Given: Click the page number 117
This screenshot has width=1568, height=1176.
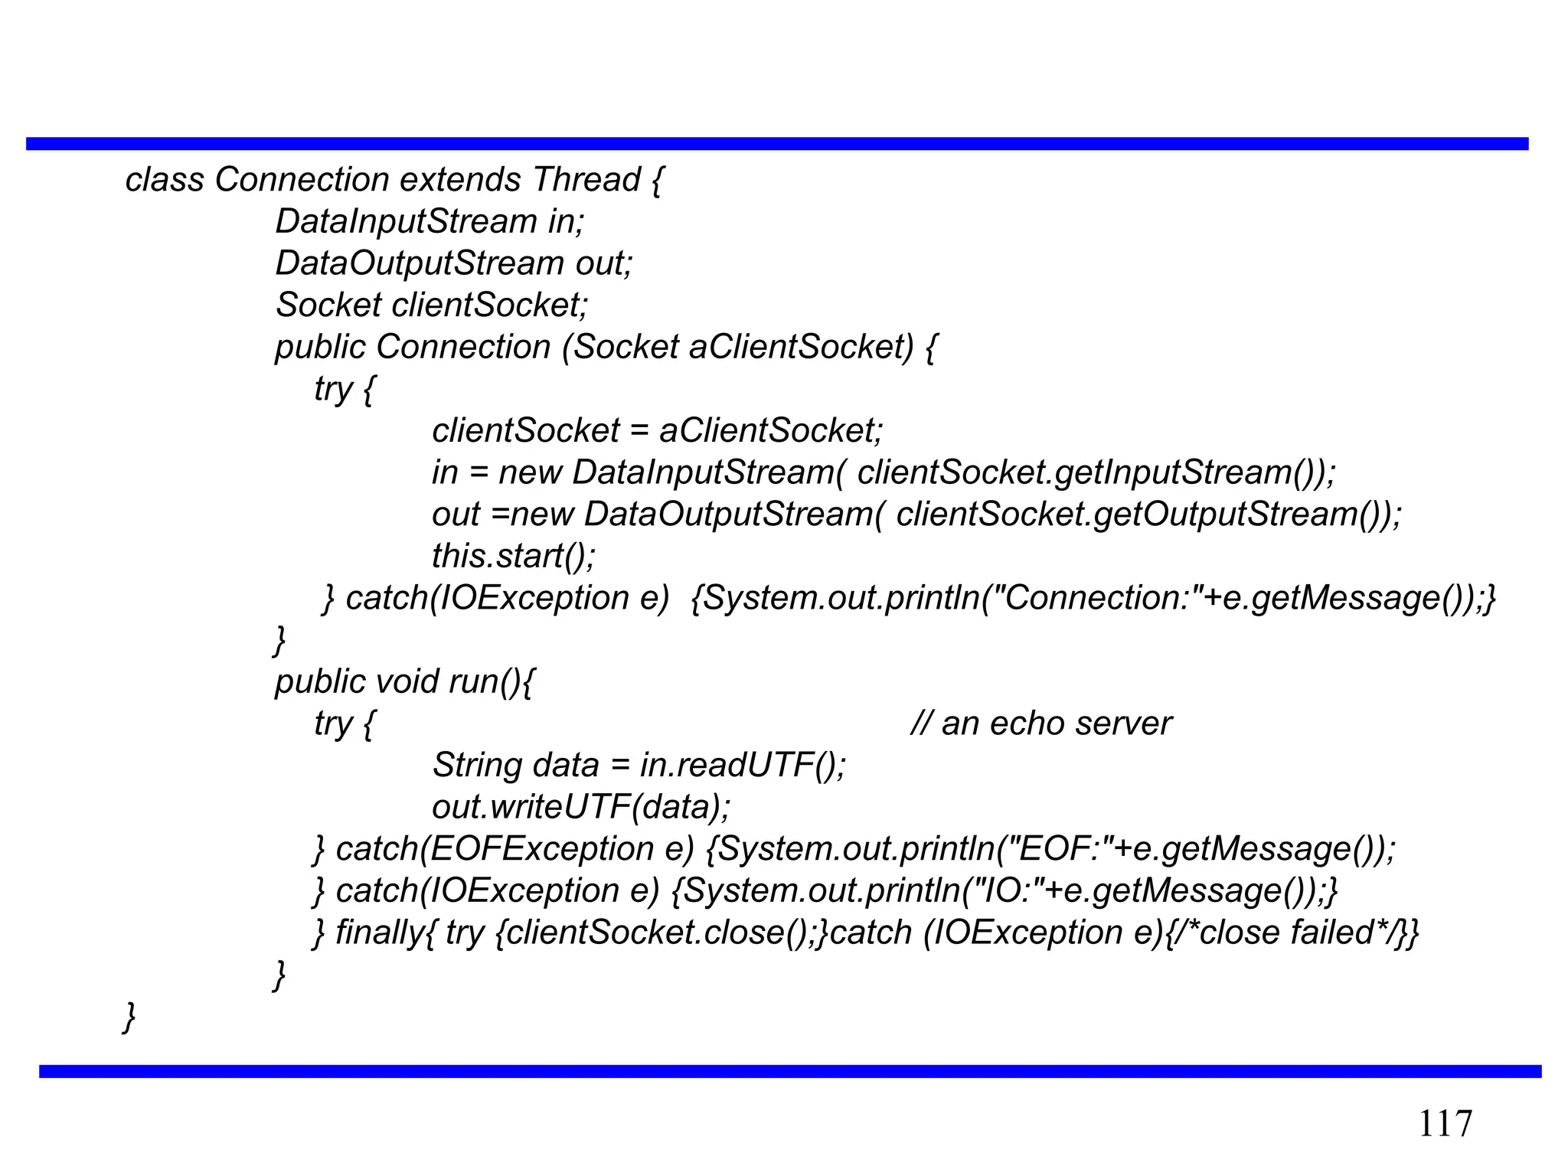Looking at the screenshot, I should pos(1445,1124).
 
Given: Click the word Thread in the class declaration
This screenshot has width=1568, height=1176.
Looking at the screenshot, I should pos(586,180).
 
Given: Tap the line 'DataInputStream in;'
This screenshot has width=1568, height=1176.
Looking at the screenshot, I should pos(430,222).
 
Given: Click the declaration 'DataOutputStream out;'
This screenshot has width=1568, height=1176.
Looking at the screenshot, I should pos(454,263).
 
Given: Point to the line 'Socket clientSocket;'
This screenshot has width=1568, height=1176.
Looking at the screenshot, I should pos(431,305).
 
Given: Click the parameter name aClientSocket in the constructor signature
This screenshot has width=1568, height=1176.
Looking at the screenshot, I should pos(801,347).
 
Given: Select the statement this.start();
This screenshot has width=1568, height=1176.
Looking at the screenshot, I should pos(513,556).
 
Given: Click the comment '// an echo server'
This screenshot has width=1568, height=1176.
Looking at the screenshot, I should pos(1040,724).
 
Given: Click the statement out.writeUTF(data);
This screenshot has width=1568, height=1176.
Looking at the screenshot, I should pos(582,807).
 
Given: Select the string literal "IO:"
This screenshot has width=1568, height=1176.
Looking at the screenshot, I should pos(1003,891).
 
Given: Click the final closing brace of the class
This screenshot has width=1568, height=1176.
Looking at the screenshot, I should pos(129,1017).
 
